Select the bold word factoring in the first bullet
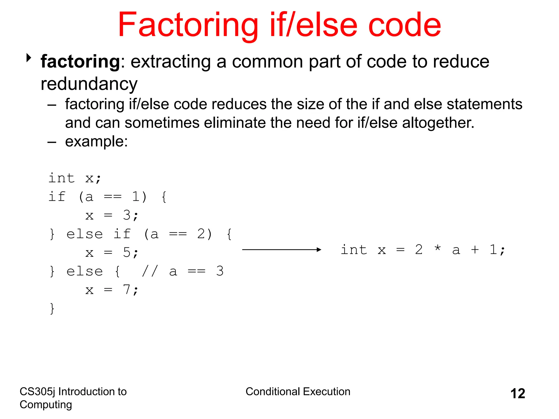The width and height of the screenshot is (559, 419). click(x=80, y=61)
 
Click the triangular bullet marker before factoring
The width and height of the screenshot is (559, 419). click(x=29, y=58)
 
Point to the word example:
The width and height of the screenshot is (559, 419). click(x=96, y=141)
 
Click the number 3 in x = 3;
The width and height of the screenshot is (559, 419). click(x=127, y=215)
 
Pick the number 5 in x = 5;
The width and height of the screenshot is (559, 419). click(x=127, y=252)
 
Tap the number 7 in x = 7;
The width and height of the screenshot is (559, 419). click(x=127, y=289)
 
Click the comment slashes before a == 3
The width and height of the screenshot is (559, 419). click(x=150, y=271)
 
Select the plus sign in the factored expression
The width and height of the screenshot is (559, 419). click(x=475, y=249)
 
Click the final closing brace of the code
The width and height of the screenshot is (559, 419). click(x=52, y=309)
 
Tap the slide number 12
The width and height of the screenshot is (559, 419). click(x=518, y=394)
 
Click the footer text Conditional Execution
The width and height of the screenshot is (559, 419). click(x=298, y=391)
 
